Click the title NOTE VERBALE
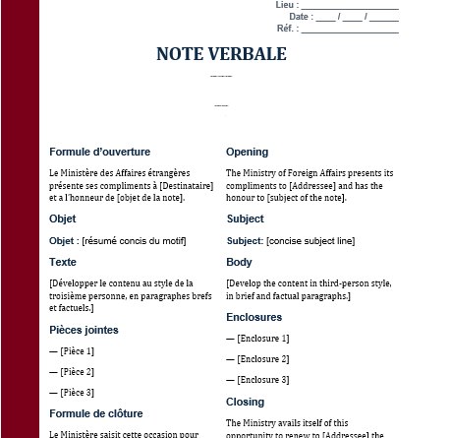(x=221, y=54)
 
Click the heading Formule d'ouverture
(x=99, y=152)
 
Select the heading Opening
(x=247, y=152)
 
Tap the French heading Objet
(x=63, y=219)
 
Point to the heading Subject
(x=245, y=219)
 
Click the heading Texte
(x=63, y=262)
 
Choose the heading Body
(x=239, y=262)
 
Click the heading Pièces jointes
(x=84, y=330)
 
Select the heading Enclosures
(x=254, y=317)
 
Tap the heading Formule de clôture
(x=95, y=413)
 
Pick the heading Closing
(x=245, y=402)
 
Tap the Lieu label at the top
(x=286, y=5)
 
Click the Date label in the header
(x=301, y=17)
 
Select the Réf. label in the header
(x=287, y=29)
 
